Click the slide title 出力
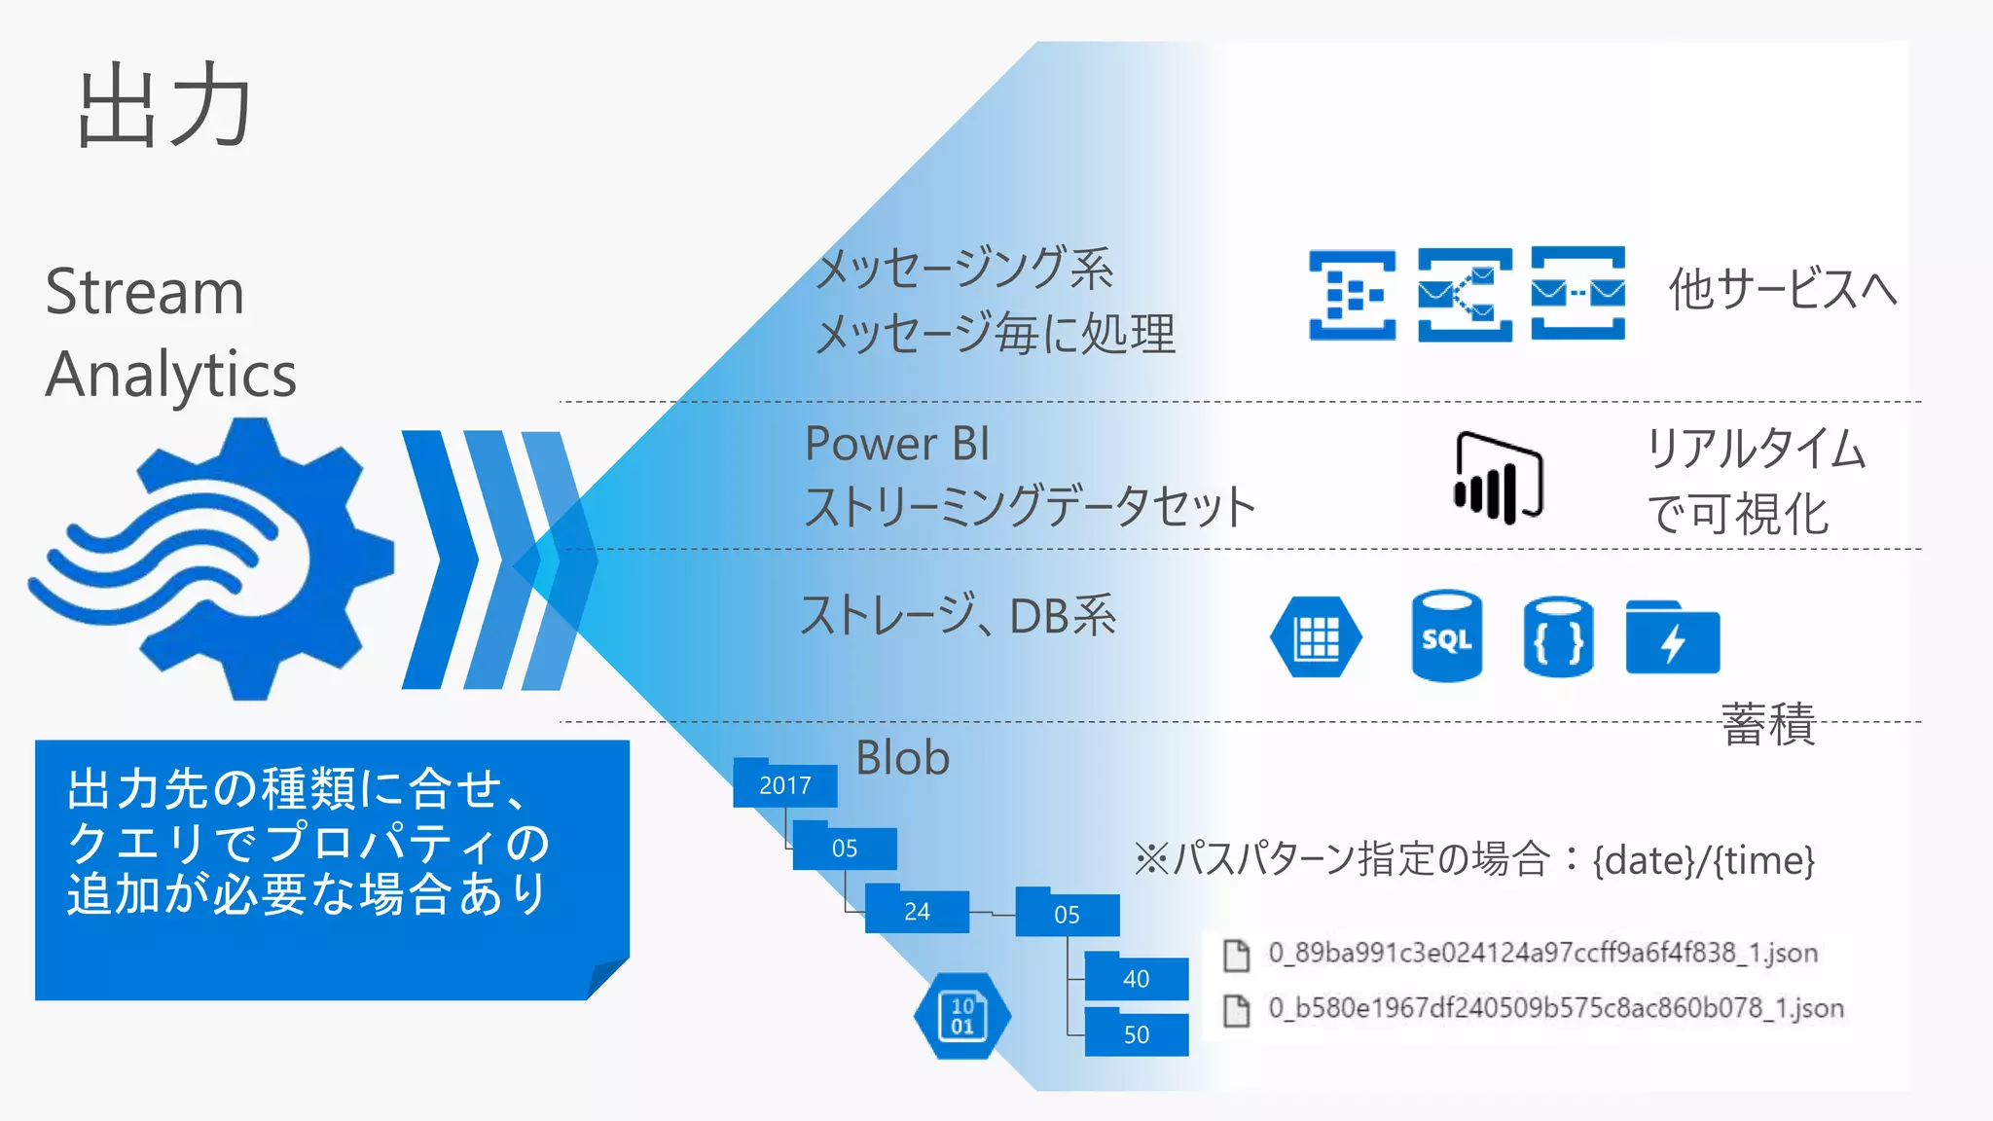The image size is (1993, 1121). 163,107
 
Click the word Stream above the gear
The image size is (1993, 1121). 145,292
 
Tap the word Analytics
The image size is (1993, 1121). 171,376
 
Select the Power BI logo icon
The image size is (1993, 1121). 1498,478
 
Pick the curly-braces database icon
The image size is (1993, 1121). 1558,637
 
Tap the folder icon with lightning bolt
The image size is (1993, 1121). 1672,638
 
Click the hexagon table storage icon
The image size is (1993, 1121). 1316,637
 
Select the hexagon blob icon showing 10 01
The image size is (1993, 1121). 961,1016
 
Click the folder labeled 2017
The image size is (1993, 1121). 784,784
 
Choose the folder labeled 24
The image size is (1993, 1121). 917,911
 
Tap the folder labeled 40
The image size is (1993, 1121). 1136,978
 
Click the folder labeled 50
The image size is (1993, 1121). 1136,1034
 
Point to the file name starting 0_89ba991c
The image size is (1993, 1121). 1542,953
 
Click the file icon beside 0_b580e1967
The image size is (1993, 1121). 1236,1010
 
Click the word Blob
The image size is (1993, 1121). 902,758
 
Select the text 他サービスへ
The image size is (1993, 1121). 1783,289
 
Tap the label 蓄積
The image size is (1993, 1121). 1768,725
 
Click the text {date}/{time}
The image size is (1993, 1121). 1704,860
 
